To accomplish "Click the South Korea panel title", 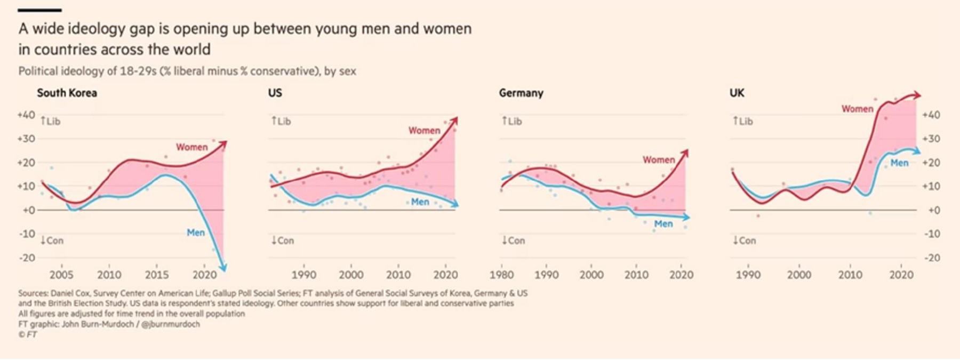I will [x=67, y=93].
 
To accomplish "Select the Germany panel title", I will [x=521, y=93].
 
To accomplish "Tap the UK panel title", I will [x=737, y=93].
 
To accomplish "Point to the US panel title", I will [x=275, y=93].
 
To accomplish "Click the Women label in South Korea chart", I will [x=192, y=147].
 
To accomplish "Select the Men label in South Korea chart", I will [x=196, y=233].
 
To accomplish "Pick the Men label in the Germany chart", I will [x=663, y=224].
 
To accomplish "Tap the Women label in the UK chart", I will [x=858, y=109].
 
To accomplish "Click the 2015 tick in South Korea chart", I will [x=157, y=275].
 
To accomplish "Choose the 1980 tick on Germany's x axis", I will [x=502, y=275].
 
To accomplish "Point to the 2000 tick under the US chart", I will [x=351, y=275].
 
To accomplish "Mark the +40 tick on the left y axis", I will [x=26, y=115].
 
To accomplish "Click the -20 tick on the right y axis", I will [x=931, y=258].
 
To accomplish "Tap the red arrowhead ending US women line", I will [x=454, y=119].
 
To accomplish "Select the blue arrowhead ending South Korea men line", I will [x=223, y=268].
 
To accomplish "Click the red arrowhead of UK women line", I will [x=917, y=95].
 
